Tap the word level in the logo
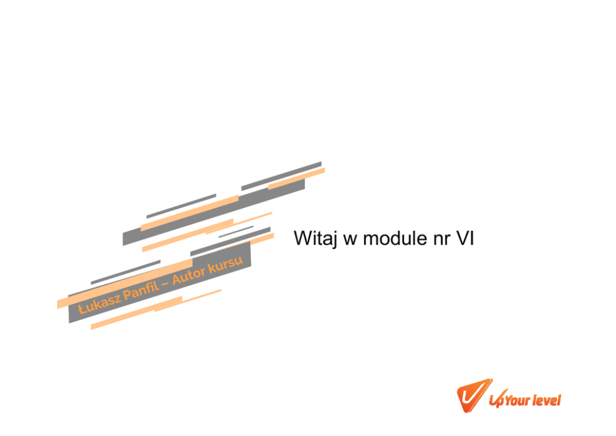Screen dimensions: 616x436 (x=548, y=399)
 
